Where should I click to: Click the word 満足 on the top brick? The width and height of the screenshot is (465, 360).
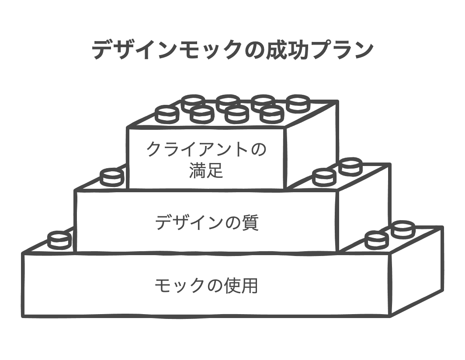(x=206, y=170)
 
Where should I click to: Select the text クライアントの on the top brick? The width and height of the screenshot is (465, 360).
(x=206, y=150)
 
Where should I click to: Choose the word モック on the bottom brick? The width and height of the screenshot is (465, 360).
(x=180, y=286)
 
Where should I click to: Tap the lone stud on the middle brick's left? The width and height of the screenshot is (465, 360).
(x=112, y=177)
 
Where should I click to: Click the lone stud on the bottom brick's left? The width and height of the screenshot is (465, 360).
(x=59, y=240)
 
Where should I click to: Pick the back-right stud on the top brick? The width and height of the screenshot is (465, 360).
(x=298, y=103)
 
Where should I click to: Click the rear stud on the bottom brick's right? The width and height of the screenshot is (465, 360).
(x=403, y=229)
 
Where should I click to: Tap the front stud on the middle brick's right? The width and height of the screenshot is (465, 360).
(x=324, y=177)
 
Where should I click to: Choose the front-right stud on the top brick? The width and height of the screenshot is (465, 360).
(x=271, y=114)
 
